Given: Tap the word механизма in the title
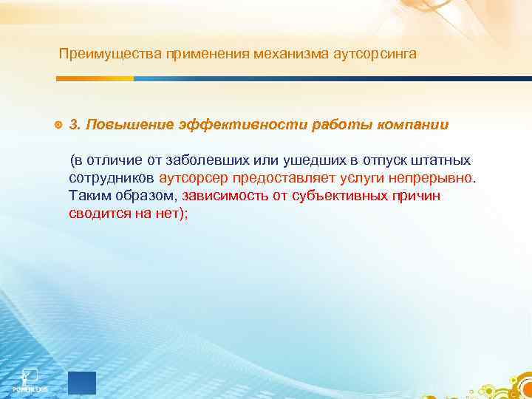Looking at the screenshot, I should pyautogui.click(x=282, y=54).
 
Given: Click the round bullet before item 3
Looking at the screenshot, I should pyautogui.click(x=58, y=125).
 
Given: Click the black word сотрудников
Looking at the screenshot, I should pyautogui.click(x=112, y=178).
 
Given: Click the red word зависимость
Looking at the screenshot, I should pyautogui.click(x=226, y=196).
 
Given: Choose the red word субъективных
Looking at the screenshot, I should pyautogui.click(x=346, y=196).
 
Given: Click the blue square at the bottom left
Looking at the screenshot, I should pyautogui.click(x=81, y=383).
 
